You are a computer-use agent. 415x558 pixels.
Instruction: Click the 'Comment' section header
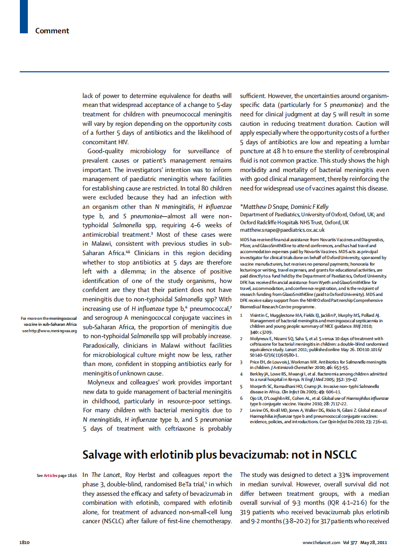(52, 31)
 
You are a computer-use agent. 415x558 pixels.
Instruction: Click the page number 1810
(26, 542)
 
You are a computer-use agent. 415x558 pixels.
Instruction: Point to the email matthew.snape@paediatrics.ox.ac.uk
(282, 230)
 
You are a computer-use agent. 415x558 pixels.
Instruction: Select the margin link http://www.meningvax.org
(54, 331)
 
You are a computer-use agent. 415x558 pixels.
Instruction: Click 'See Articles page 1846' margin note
(57, 475)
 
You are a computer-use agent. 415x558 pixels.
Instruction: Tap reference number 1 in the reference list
(242, 315)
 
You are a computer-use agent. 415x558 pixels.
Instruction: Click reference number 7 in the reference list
(242, 410)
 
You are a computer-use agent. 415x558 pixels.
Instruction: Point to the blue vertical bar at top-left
(23, 17)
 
